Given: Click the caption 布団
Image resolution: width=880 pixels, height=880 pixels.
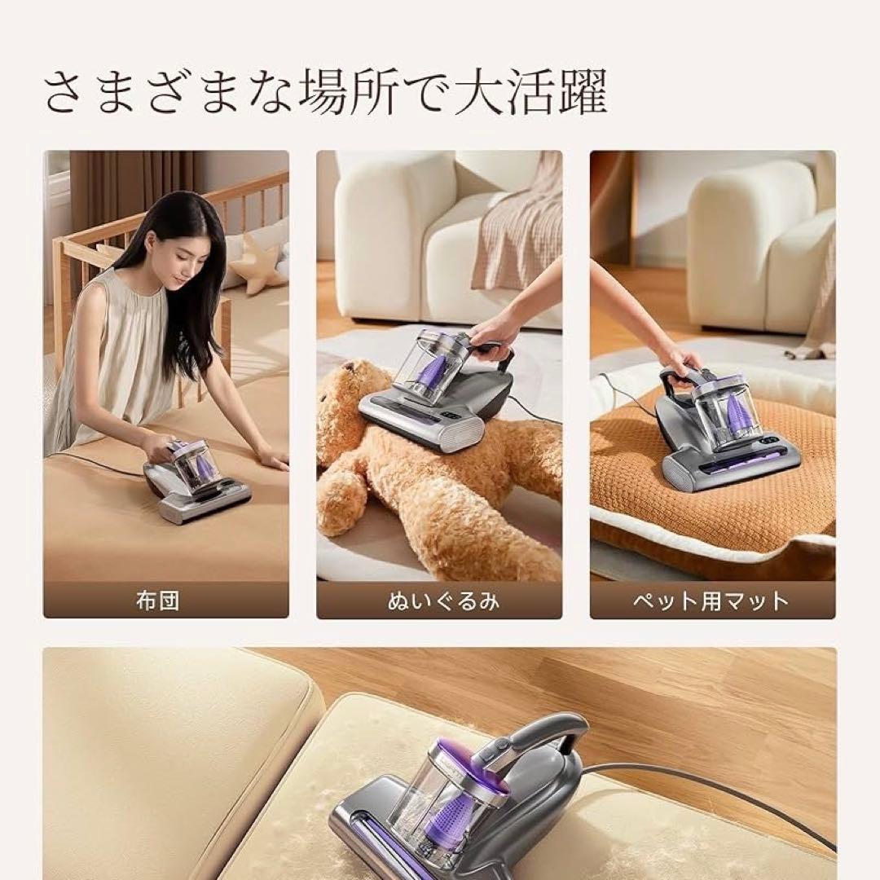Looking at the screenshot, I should [157, 601].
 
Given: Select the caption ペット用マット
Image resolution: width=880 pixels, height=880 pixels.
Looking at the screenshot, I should [711, 601].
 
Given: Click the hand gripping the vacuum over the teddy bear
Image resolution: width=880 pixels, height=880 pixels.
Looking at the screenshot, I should [494, 331].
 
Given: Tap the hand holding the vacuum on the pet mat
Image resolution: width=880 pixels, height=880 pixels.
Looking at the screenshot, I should [680, 358].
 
